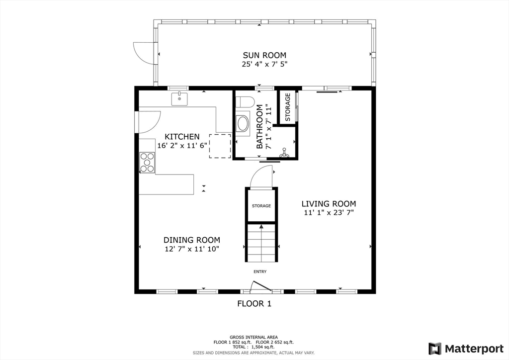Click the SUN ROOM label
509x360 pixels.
pyautogui.click(x=264, y=55)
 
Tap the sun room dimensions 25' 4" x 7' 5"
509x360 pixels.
pyautogui.click(x=264, y=64)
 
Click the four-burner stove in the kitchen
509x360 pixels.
pyautogui.click(x=147, y=163)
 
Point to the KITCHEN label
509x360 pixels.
pyautogui.click(x=182, y=137)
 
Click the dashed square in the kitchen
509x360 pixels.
pyautogui.click(x=220, y=146)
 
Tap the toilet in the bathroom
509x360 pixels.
pyautogui.click(x=245, y=102)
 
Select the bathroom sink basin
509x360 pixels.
pyautogui.click(x=243, y=123)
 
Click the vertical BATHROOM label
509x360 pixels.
pyautogui.click(x=259, y=127)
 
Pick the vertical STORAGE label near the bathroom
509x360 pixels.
pyautogui.click(x=288, y=107)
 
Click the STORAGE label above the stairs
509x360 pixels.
pyautogui.click(x=261, y=206)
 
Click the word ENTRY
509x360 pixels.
pyautogui.click(x=260, y=271)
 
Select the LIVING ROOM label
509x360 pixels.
pyautogui.click(x=329, y=204)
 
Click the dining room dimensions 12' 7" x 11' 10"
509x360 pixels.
pyautogui.click(x=192, y=249)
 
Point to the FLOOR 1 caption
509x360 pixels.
pyautogui.click(x=254, y=303)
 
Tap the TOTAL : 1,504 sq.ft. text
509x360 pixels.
pyautogui.click(x=254, y=347)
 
